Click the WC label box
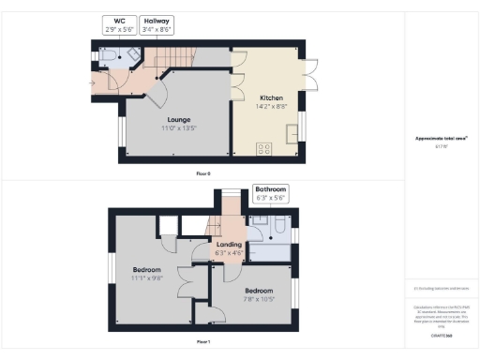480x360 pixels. pyautogui.click(x=119, y=24)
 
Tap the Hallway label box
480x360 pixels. pyautogui.click(x=156, y=24)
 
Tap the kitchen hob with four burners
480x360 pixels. pyautogui.click(x=263, y=147)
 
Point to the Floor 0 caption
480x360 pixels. pyautogui.click(x=202, y=174)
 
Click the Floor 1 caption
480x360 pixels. pyautogui.click(x=202, y=343)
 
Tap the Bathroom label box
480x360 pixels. pyautogui.click(x=271, y=194)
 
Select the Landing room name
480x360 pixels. pyautogui.click(x=229, y=245)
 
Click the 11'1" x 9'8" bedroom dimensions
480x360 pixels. pyautogui.click(x=147, y=277)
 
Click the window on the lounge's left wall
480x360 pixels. pyautogui.click(x=121, y=132)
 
